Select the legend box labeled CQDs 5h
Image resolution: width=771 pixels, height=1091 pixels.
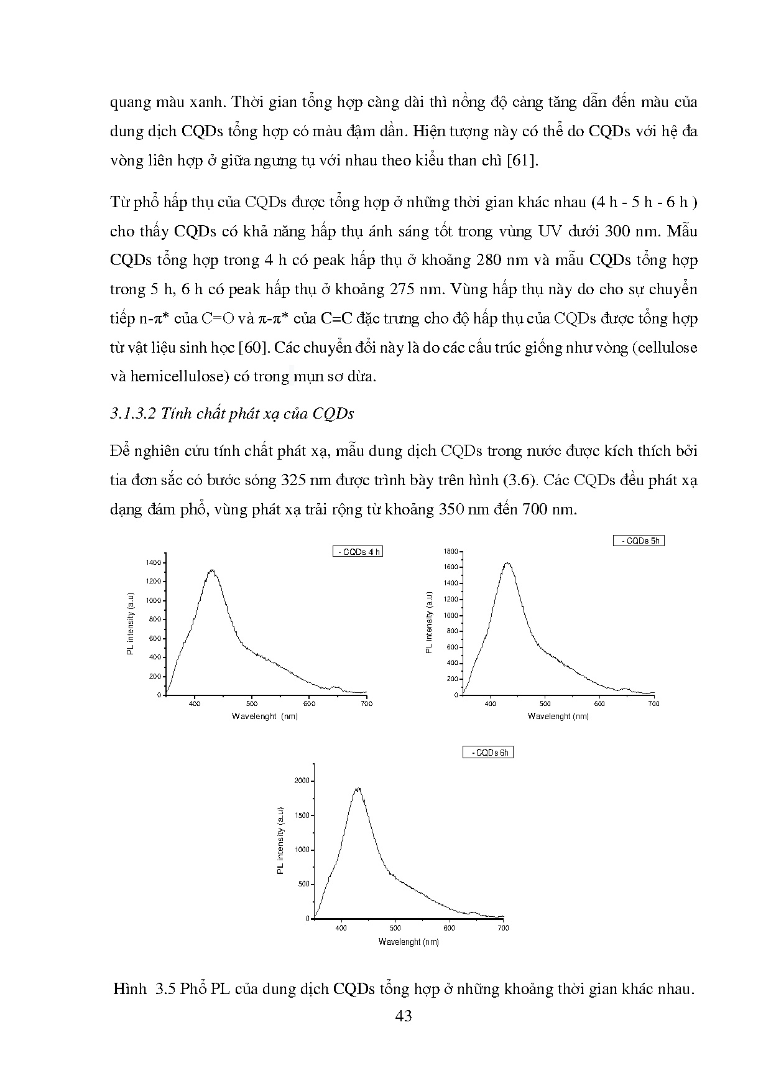click(639, 541)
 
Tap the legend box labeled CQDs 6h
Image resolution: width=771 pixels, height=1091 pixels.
click(489, 753)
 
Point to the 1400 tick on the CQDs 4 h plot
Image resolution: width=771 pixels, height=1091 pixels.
click(154, 563)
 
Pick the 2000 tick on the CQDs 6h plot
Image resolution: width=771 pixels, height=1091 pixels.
click(302, 781)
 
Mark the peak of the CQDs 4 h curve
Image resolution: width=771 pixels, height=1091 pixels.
click(212, 570)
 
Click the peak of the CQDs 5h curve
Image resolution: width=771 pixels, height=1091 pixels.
click(507, 563)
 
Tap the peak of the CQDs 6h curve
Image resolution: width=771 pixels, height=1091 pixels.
click(358, 789)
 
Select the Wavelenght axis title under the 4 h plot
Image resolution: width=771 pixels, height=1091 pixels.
click(265, 717)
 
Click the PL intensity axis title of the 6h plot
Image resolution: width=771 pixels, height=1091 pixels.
click(280, 841)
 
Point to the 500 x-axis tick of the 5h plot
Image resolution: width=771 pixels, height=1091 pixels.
click(545, 704)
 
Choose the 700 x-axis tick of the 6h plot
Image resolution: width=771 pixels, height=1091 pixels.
click(504, 928)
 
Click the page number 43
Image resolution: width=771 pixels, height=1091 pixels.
click(404, 1016)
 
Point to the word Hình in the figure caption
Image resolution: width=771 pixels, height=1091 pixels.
click(129, 990)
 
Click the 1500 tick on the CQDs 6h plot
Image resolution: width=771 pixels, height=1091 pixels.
click(302, 815)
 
